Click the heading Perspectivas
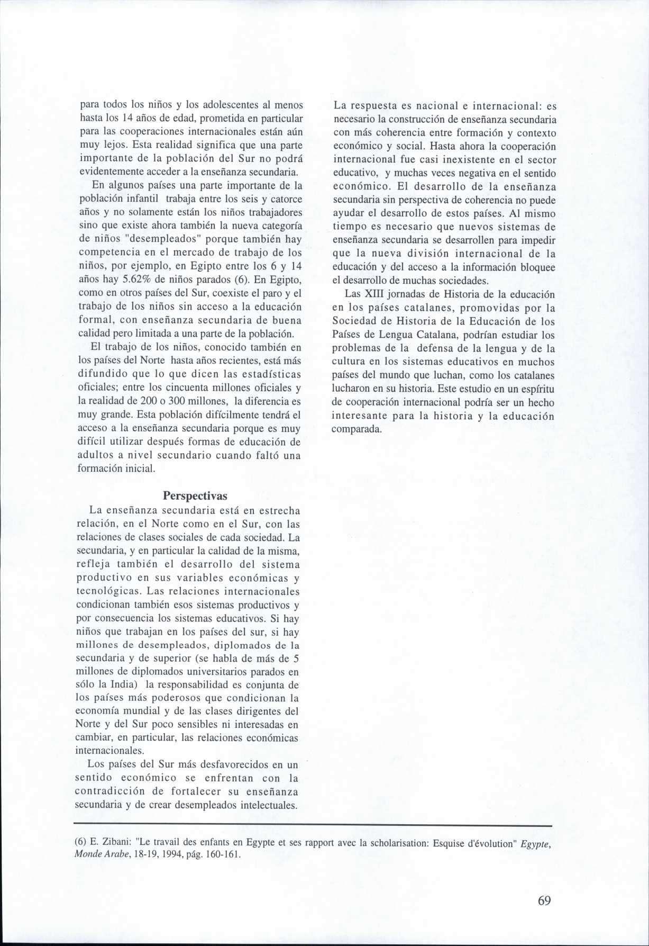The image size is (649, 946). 195,496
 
